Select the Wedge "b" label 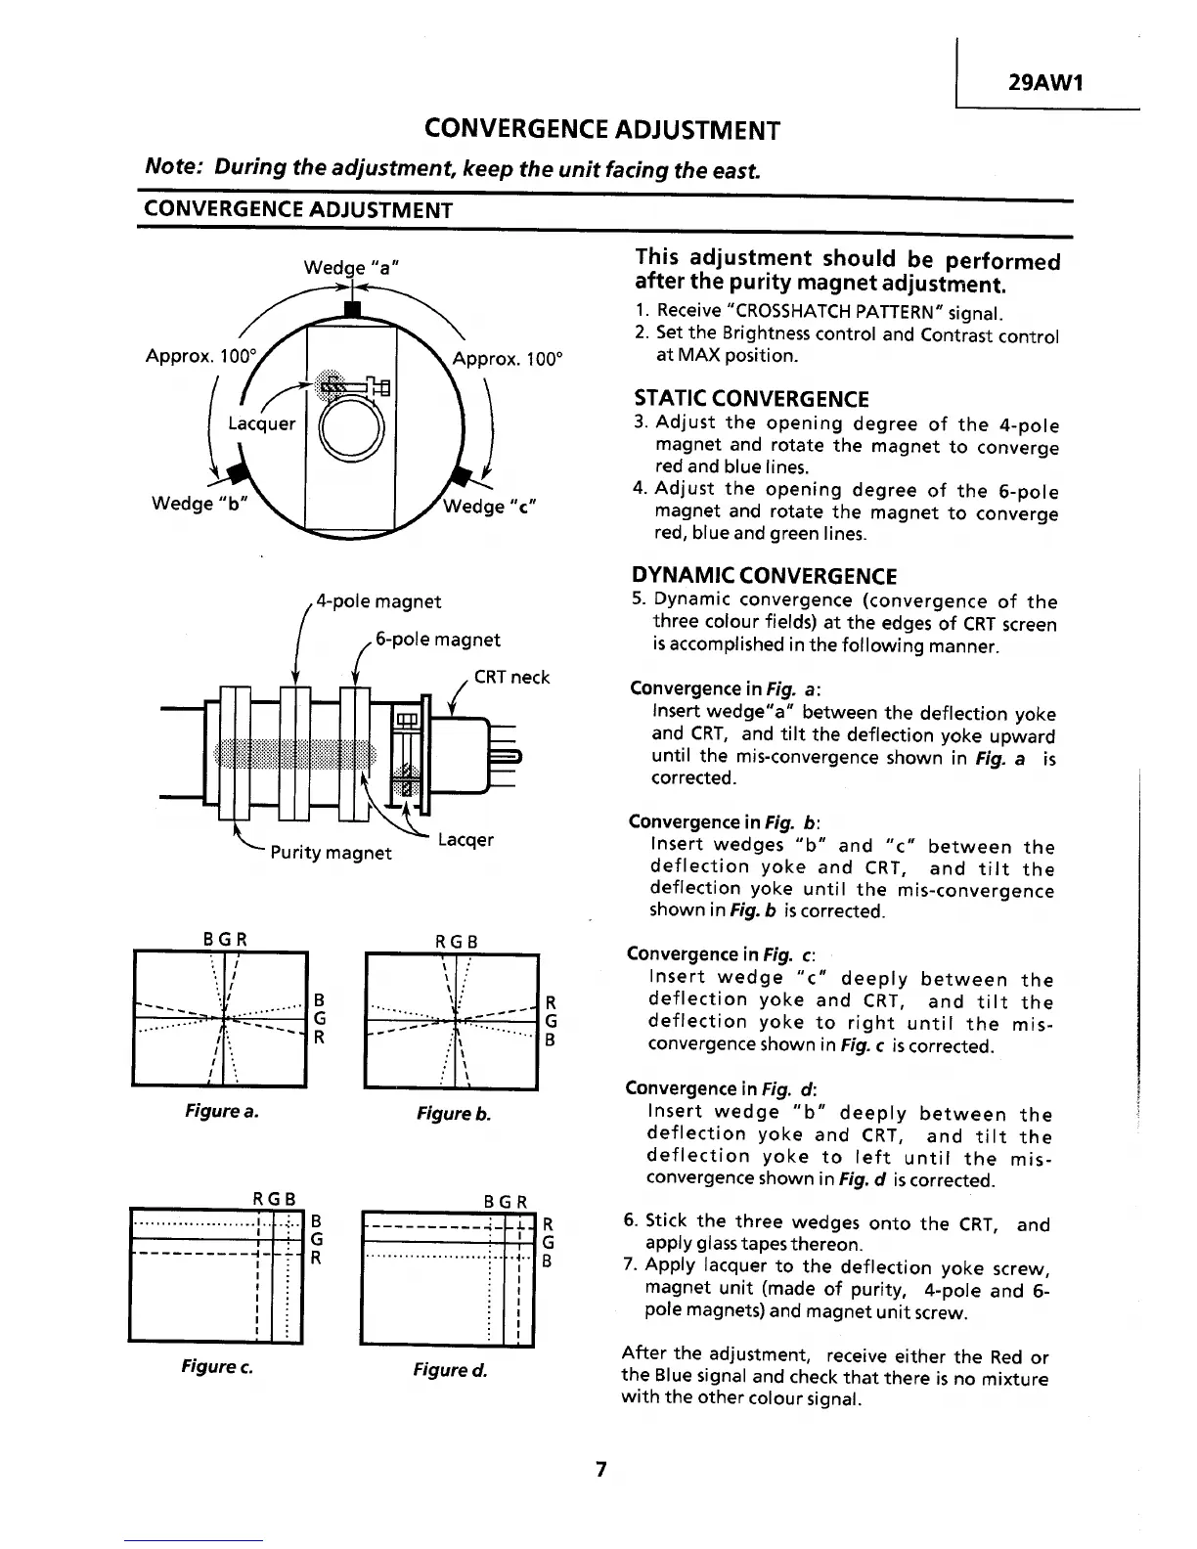point(201,504)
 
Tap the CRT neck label point(511,677)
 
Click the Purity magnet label point(331,852)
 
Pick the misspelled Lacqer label point(465,840)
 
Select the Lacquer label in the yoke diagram point(261,423)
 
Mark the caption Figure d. point(450,1369)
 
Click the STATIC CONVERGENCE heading point(751,399)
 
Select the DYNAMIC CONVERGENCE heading point(764,576)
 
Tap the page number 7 point(601,1469)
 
